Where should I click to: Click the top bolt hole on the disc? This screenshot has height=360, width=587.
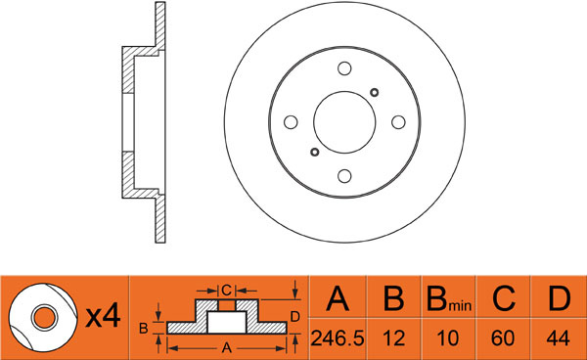344,68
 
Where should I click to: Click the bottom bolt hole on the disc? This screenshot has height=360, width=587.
344,176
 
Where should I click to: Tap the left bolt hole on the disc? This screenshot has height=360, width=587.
291,122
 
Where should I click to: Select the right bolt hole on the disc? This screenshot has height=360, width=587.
398,122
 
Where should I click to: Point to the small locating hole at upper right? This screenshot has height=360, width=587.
374,92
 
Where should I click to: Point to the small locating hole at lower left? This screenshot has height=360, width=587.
315,152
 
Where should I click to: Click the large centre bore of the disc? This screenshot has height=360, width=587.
344,122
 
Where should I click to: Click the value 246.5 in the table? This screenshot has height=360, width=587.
338,338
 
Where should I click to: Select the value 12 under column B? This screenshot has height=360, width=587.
394,338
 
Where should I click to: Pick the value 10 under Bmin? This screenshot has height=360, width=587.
448,338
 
